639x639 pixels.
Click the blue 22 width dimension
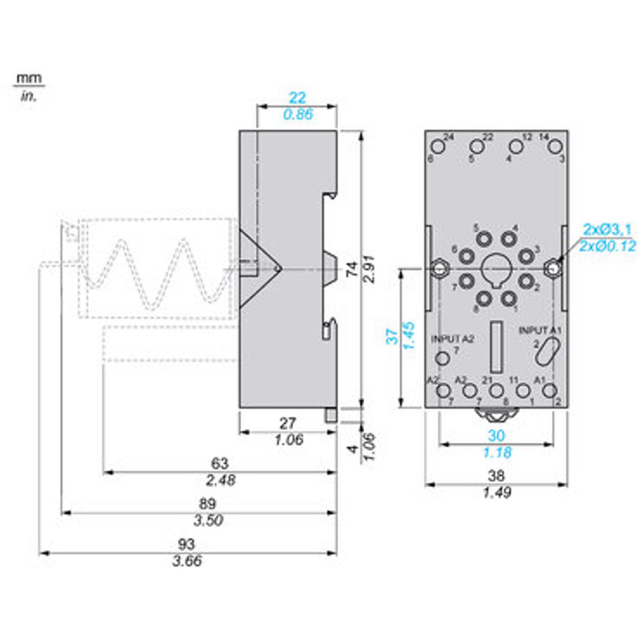pyautogui.click(x=297, y=97)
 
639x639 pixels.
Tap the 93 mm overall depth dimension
pyautogui.click(x=186, y=544)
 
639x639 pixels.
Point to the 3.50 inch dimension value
pyautogui.click(x=208, y=520)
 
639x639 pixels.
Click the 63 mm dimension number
pyautogui.click(x=219, y=463)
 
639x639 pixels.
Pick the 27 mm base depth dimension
pyautogui.click(x=288, y=423)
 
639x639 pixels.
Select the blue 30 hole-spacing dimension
pyautogui.click(x=496, y=436)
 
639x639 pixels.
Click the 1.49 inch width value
pyautogui.click(x=496, y=493)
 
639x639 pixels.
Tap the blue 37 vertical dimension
pyautogui.click(x=392, y=337)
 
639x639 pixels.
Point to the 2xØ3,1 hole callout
pyautogui.click(x=608, y=230)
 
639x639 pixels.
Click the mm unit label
pyautogui.click(x=29, y=78)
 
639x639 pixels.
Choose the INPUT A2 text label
pyautogui.click(x=453, y=339)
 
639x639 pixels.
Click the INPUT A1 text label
pyautogui.click(x=540, y=331)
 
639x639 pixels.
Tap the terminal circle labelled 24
pyautogui.click(x=438, y=146)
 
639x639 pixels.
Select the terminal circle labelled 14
pyautogui.click(x=555, y=146)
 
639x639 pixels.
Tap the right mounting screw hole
pyautogui.click(x=554, y=269)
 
